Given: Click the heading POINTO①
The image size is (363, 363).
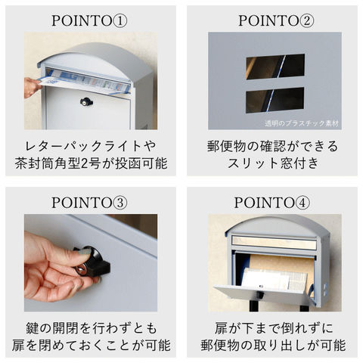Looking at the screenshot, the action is coord(89,20).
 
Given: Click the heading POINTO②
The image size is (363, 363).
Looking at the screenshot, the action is coord(276,20).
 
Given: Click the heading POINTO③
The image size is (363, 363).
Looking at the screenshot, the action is coord(89,203).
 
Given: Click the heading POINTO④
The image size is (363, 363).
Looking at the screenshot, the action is coord(272,203).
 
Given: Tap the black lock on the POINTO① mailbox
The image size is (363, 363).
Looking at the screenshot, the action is coord(86,101).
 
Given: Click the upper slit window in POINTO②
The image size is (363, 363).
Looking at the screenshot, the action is coord(275,67).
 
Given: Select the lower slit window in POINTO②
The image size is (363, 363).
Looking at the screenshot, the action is coord(275,100).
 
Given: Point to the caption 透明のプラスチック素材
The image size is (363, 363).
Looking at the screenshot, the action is coord(302,123).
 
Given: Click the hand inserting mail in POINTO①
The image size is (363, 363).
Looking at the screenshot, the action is coord(32,88).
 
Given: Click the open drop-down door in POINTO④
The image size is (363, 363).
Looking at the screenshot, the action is coord(262,294).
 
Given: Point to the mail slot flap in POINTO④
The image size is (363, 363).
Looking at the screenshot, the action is coord(274,243).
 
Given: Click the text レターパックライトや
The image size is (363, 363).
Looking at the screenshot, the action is coord(91,146).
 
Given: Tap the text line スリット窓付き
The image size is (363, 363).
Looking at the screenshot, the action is coord(273,163).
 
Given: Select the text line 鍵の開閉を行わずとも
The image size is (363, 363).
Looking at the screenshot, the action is coord(91,328).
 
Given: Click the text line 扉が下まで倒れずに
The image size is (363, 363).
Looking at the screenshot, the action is coord(274,328).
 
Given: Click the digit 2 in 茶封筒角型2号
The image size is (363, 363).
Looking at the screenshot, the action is coord(86,164).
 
